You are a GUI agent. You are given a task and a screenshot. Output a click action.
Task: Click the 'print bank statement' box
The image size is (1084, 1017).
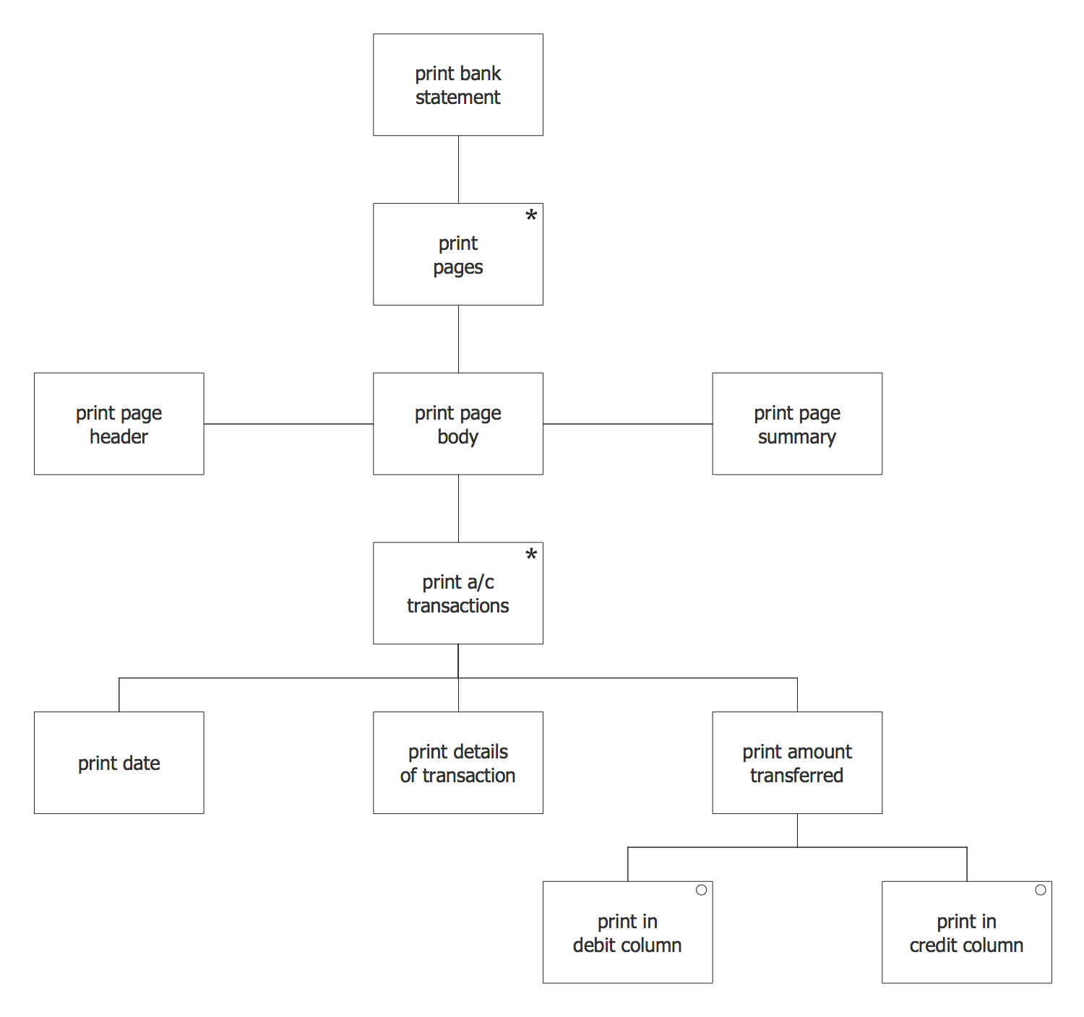click(x=457, y=85)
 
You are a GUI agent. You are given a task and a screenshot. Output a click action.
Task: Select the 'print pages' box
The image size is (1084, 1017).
click(x=457, y=254)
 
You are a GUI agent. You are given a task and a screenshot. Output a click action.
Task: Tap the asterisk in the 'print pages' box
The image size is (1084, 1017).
click(x=531, y=215)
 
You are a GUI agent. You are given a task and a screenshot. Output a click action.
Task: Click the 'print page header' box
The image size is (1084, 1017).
click(x=119, y=424)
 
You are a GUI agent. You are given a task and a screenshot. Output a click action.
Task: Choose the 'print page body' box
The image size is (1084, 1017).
click(x=457, y=424)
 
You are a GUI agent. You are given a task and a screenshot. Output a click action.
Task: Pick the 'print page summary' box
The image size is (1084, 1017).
click(x=796, y=424)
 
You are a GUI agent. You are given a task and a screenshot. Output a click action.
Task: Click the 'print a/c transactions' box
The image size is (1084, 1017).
click(x=457, y=593)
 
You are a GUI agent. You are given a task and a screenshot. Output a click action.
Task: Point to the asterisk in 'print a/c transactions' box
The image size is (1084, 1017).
click(x=531, y=555)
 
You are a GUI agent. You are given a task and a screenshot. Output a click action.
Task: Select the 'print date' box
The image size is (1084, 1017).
click(x=119, y=763)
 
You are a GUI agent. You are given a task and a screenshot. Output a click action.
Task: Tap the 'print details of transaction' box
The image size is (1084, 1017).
click(x=457, y=763)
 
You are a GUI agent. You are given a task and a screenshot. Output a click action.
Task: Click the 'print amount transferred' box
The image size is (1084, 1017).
click(x=796, y=763)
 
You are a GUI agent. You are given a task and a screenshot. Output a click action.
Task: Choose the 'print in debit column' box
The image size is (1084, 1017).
click(x=627, y=932)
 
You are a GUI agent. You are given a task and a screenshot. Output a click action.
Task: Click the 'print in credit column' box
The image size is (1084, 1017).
click(x=966, y=932)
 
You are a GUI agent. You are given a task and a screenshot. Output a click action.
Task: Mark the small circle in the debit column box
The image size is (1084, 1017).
click(x=701, y=890)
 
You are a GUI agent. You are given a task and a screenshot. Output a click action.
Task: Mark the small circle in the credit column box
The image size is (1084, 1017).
click(x=1041, y=890)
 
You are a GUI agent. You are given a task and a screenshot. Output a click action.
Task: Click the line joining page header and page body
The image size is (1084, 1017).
click(x=288, y=424)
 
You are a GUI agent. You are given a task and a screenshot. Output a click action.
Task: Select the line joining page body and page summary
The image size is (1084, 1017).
click(x=627, y=424)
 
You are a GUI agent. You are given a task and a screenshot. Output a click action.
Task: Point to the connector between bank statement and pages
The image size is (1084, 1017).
click(x=458, y=170)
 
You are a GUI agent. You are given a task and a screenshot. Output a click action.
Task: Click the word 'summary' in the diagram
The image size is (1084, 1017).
click(x=796, y=437)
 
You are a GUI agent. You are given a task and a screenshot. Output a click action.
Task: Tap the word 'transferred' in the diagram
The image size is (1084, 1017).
click(x=796, y=776)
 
